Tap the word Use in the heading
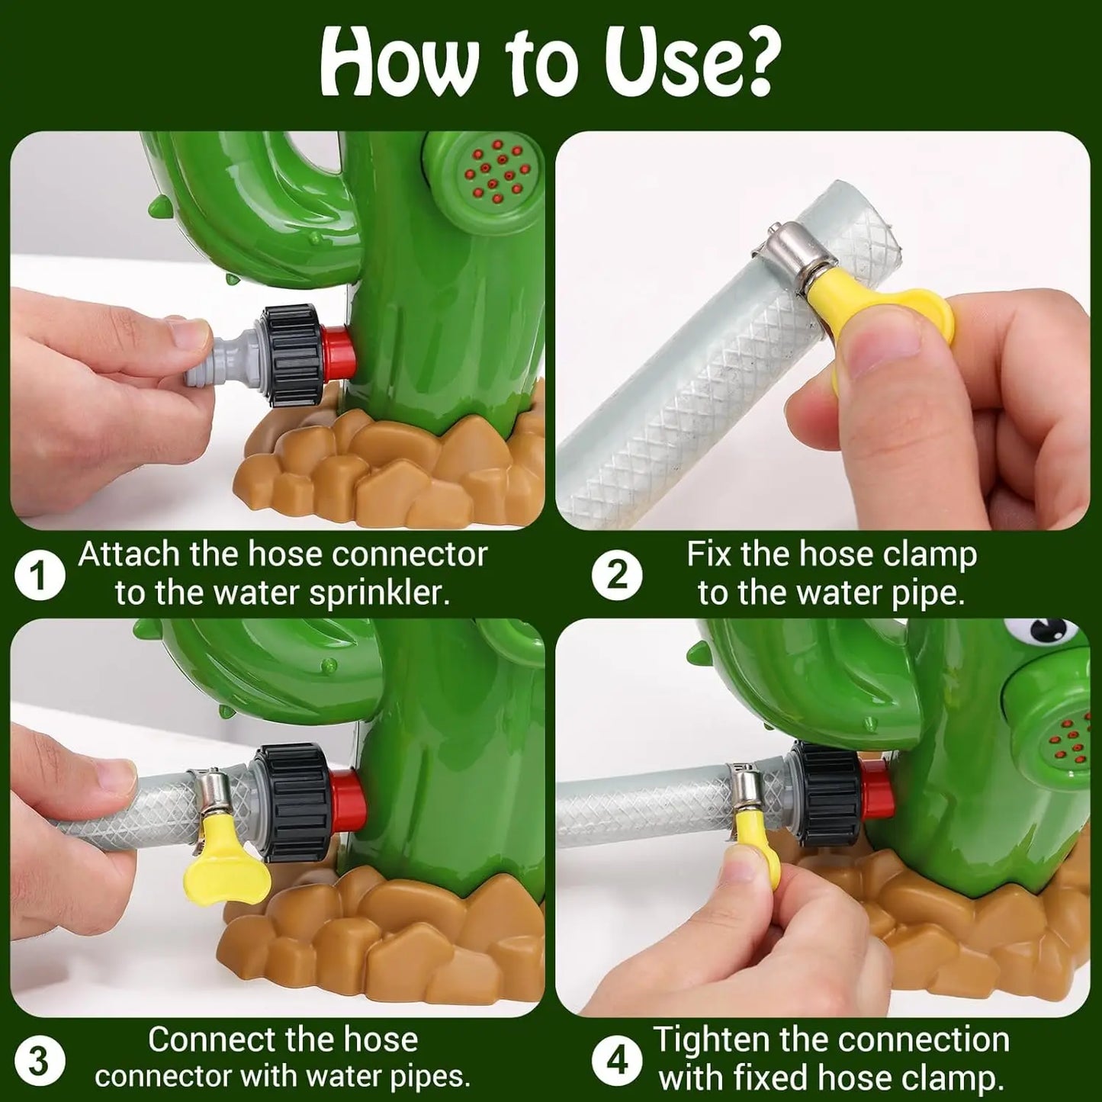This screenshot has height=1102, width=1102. tap(667, 63)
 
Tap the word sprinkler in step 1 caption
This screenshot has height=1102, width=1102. tap(378, 594)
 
